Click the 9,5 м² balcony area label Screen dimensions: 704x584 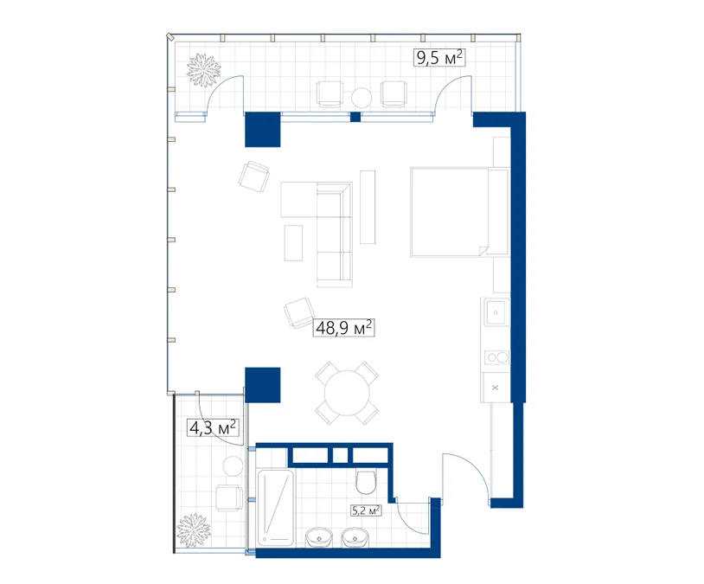(439, 58)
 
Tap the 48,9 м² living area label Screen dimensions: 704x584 (343, 328)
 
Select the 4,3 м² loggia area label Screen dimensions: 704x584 (213, 427)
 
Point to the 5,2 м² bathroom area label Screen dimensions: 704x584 (366, 510)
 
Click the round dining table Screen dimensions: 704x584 (347, 393)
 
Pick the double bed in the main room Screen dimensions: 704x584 (460, 212)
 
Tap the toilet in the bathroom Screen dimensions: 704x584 (367, 482)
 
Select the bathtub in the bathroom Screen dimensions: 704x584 (275, 508)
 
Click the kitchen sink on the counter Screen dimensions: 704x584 (496, 311)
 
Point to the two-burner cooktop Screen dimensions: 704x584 (497, 357)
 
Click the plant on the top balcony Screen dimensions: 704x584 (204, 70)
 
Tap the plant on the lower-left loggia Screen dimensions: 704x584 (194, 530)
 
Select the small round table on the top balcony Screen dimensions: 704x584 (362, 97)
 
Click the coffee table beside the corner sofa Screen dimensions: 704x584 (293, 243)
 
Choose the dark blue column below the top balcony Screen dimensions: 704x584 (263, 130)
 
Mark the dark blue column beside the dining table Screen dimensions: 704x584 (263, 385)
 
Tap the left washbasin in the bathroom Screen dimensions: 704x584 (319, 538)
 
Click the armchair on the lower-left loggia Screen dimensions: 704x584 (229, 497)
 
